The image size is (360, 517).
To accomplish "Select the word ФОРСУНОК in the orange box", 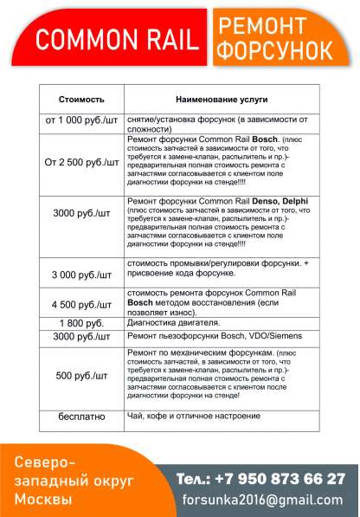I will pyautogui.click(x=274, y=51).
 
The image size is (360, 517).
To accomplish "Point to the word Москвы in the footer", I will pyautogui.click(x=45, y=500).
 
